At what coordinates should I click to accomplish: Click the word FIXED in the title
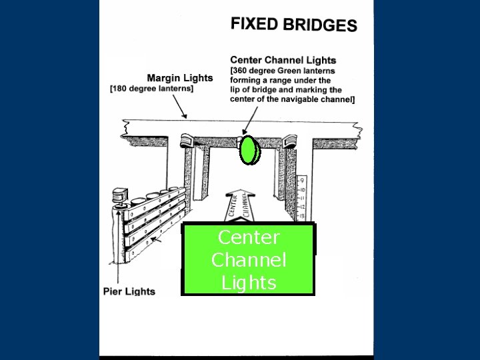[254, 24]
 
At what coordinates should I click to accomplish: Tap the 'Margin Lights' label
[179, 77]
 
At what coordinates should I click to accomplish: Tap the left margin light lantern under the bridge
[186, 141]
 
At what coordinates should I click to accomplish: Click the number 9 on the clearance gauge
[303, 180]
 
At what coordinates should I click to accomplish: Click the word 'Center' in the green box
[247, 237]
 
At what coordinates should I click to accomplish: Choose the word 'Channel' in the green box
[247, 259]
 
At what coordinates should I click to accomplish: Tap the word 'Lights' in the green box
[247, 283]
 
